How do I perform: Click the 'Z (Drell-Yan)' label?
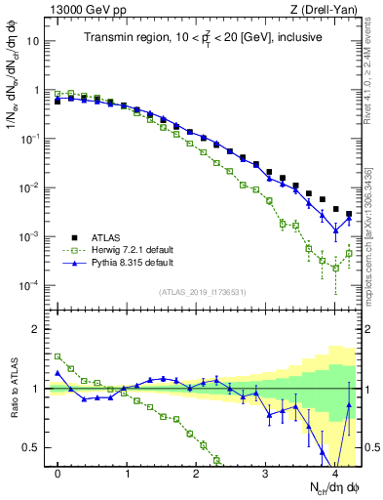click(x=327, y=9)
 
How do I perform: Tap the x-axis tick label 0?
click(x=58, y=474)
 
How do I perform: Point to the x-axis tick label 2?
click(x=197, y=474)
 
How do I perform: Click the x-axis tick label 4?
click(x=335, y=474)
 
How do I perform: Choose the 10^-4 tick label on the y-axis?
click(x=31, y=286)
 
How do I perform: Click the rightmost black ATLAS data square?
click(x=349, y=214)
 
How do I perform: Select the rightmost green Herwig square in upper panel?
click(x=349, y=253)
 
